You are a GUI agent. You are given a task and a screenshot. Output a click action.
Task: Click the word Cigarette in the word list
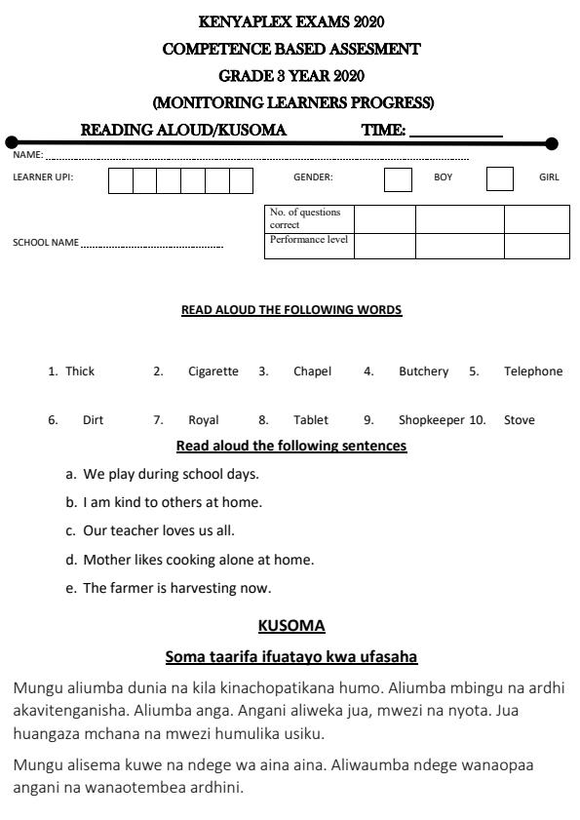(x=213, y=371)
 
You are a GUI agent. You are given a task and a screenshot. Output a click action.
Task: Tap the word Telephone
(x=533, y=371)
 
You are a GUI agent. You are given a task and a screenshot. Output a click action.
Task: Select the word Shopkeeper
(x=431, y=421)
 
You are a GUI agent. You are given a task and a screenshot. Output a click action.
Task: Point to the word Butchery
(x=423, y=371)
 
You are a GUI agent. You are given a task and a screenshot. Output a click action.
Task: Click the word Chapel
(x=312, y=371)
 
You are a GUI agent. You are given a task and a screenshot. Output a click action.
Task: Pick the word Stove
(x=520, y=421)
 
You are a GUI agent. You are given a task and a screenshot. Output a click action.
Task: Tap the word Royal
(x=204, y=421)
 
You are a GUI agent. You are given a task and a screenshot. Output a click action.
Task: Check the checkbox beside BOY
(x=398, y=179)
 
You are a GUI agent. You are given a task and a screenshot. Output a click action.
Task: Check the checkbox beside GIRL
(x=499, y=179)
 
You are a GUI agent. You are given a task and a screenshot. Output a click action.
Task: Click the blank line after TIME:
(x=456, y=131)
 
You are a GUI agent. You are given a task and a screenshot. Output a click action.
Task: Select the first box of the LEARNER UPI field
(x=120, y=180)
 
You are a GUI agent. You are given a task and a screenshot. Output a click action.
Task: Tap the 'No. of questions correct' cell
(x=309, y=218)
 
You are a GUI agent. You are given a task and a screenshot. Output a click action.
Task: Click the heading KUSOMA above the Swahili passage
(x=291, y=625)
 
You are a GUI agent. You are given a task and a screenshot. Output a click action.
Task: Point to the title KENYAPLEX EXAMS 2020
(x=290, y=21)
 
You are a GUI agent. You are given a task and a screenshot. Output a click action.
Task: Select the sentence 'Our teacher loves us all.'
(x=159, y=531)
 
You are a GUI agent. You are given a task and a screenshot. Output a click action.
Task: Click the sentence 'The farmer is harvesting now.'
(x=176, y=588)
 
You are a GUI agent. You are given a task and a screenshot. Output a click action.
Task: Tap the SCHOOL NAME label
(x=45, y=243)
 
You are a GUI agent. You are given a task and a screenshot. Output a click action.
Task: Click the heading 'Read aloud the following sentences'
(x=290, y=447)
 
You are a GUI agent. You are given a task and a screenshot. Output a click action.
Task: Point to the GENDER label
(x=313, y=177)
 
